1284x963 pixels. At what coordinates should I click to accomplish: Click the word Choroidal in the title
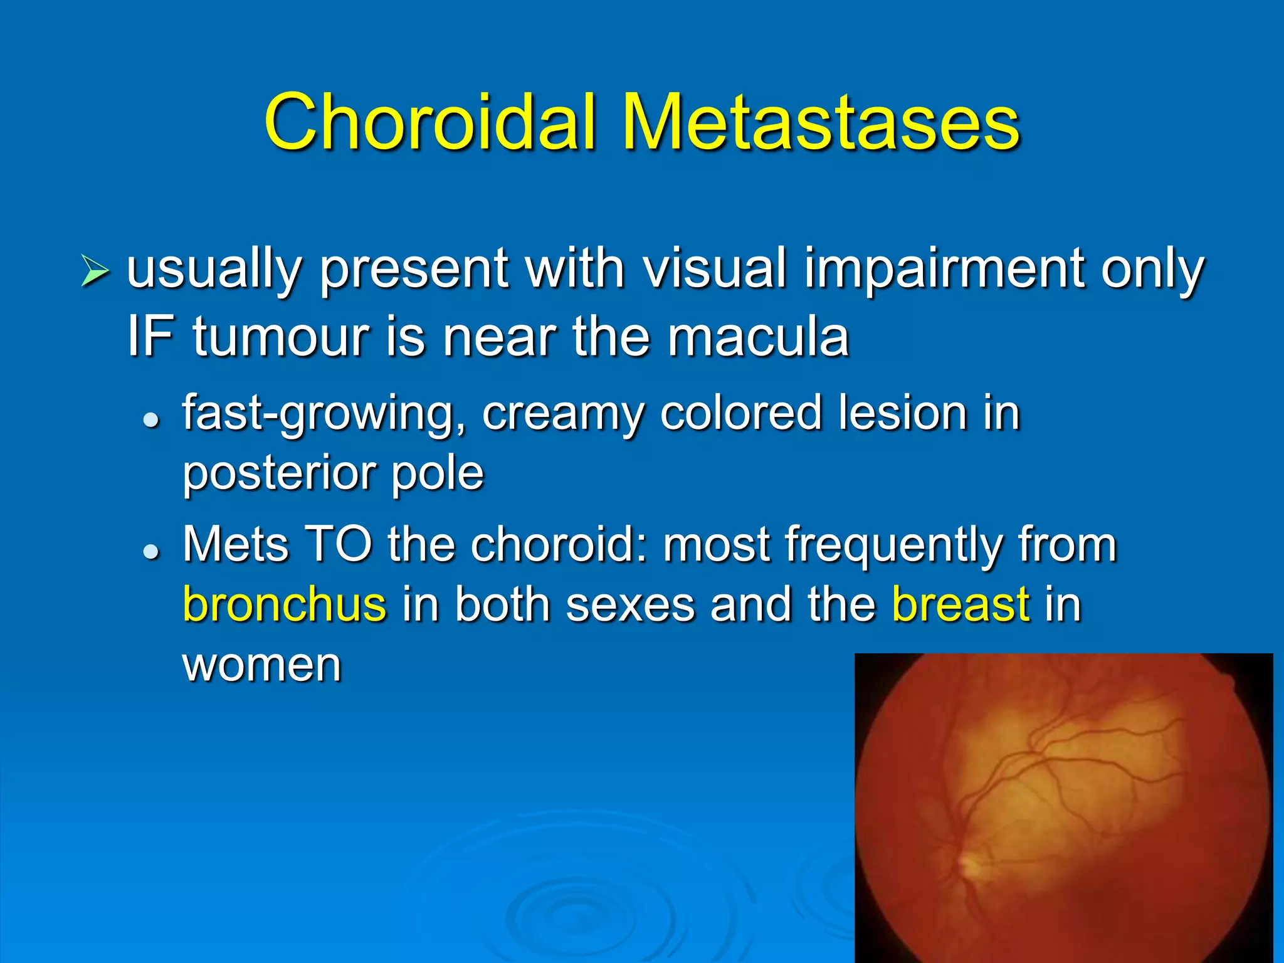[x=430, y=122]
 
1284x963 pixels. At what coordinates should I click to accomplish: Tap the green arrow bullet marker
[x=95, y=272]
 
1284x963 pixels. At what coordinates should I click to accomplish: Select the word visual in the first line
[x=715, y=268]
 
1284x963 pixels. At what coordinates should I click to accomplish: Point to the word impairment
[x=944, y=268]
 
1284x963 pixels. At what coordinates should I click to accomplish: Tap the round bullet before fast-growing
[x=151, y=420]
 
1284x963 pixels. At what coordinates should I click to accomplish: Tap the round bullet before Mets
[x=151, y=551]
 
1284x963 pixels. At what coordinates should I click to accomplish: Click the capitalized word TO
[x=339, y=544]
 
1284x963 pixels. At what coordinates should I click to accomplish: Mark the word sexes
[x=630, y=605]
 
